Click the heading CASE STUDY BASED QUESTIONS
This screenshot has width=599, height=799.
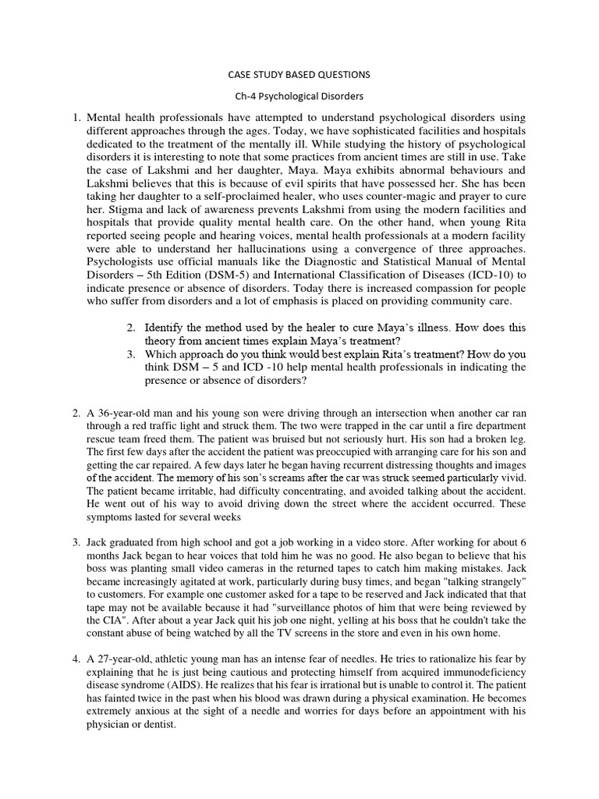pos(299,75)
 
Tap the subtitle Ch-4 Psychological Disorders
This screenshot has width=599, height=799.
pos(299,98)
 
